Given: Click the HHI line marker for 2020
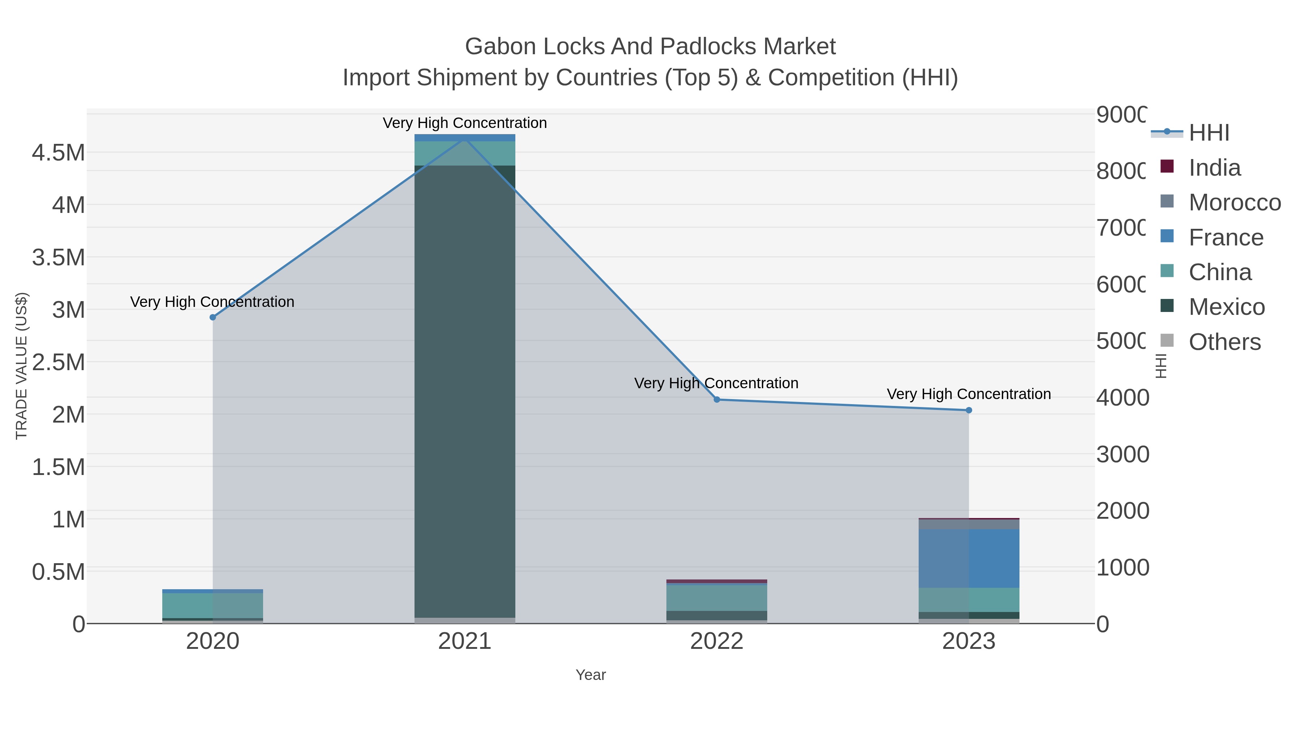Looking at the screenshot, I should [212, 317].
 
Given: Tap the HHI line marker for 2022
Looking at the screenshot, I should [717, 399].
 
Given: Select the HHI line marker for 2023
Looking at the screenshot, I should [969, 410].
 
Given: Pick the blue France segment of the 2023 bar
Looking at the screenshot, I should [969, 558].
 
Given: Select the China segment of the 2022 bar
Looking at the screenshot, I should [717, 598].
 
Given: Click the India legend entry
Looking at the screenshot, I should [1214, 168].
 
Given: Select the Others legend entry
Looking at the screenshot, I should [1224, 342].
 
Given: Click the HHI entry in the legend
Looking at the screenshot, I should [1208, 133].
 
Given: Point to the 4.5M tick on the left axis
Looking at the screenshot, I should [59, 153].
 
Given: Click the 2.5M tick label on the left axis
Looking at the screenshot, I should [59, 362].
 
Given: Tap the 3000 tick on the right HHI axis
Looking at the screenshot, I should [1122, 454].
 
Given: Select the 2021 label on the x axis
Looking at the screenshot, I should [465, 642].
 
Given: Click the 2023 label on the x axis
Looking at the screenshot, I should [969, 642].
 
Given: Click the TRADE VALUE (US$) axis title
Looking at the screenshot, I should [22, 366].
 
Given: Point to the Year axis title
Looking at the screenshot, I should [591, 675].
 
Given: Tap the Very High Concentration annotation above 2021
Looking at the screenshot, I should [465, 123].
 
